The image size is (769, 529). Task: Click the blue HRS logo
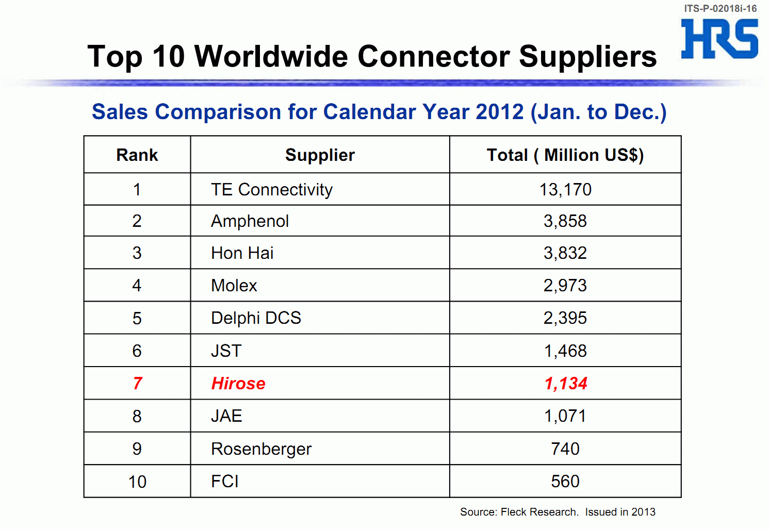point(719,39)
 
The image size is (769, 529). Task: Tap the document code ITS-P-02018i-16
point(720,8)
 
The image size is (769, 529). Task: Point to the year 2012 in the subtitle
point(499,112)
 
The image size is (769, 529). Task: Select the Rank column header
point(137,155)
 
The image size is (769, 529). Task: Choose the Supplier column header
point(320,155)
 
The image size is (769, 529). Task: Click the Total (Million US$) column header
point(565,155)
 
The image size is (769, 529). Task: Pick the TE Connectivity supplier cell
point(272,190)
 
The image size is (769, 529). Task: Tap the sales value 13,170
point(565,190)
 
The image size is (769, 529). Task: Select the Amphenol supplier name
point(250,221)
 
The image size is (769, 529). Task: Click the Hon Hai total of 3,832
point(565,253)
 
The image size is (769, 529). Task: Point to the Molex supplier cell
point(234,286)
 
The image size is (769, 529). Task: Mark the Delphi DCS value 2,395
point(565,318)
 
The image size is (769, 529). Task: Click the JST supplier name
point(226,351)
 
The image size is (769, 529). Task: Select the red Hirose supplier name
point(238,384)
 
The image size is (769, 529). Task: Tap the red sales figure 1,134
point(566,384)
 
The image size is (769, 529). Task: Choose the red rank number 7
point(137,384)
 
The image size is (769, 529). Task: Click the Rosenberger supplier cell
point(261,449)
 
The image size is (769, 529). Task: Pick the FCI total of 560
point(565,482)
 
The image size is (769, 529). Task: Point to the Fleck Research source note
point(558,512)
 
